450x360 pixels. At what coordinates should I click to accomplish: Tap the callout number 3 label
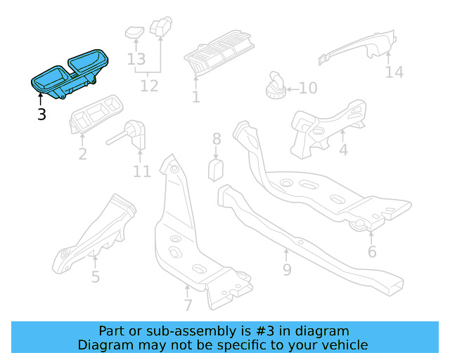[x=41, y=114]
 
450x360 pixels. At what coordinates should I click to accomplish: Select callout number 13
[x=136, y=60]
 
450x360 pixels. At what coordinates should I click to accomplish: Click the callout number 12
[x=149, y=86]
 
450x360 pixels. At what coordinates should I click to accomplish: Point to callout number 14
[x=394, y=72]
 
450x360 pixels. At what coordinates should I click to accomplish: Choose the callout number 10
[x=308, y=89]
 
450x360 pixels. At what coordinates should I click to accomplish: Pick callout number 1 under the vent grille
[x=195, y=97]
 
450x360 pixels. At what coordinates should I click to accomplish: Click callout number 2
[x=82, y=154]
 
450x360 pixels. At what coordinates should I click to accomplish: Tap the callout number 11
[x=142, y=171]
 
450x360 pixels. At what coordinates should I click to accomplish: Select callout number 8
[x=217, y=139]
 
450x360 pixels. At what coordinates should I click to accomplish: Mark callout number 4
[x=343, y=150]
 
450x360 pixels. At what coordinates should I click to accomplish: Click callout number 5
[x=95, y=276]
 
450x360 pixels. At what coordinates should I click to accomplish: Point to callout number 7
[x=188, y=305]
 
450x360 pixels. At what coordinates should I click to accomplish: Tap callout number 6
[x=372, y=251]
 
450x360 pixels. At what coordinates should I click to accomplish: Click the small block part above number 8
[x=217, y=170]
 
